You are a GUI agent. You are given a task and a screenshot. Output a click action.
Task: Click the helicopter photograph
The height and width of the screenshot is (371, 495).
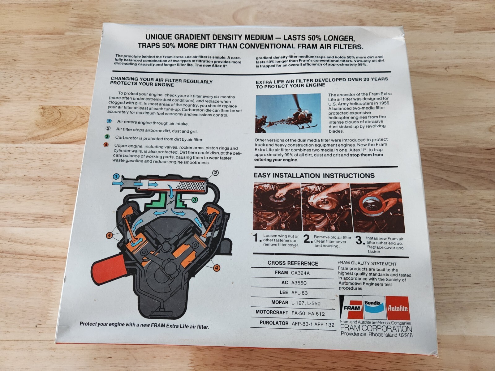click(x=288, y=113)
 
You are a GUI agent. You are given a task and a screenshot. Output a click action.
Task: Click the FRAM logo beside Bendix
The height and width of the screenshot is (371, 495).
click(x=351, y=306)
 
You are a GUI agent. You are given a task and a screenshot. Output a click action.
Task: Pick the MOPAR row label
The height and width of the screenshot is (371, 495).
click(x=280, y=302)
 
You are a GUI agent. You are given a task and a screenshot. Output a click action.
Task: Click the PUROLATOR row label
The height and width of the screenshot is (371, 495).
click(x=274, y=323)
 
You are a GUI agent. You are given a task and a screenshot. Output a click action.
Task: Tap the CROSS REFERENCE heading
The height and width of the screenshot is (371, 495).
click(x=293, y=263)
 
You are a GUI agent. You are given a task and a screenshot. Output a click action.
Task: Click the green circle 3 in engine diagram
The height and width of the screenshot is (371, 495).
click(x=194, y=200)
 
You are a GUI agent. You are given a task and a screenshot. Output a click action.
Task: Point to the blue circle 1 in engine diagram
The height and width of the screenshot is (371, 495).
click(x=116, y=176)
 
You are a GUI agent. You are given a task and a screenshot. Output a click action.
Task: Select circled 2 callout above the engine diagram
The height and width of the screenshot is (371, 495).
click(x=216, y=173)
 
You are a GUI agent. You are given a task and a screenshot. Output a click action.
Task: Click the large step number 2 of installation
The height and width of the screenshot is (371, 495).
click(x=308, y=239)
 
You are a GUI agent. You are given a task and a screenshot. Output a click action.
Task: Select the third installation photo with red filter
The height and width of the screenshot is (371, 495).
click(x=377, y=208)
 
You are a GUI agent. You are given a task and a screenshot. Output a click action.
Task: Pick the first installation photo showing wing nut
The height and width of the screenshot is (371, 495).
click(x=278, y=206)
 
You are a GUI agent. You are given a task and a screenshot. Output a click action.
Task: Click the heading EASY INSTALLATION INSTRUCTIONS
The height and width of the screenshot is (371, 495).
click(x=314, y=176)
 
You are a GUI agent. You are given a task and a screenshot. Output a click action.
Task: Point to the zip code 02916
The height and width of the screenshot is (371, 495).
click(x=406, y=335)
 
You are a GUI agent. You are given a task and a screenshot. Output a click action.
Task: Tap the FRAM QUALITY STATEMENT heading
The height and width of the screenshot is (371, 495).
click(x=367, y=263)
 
